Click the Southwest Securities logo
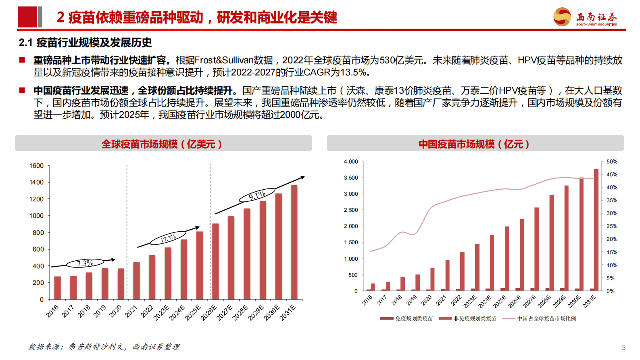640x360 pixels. (585, 17)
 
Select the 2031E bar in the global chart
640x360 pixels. (294, 242)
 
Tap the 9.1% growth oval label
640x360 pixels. (257, 195)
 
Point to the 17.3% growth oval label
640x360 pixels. (168, 238)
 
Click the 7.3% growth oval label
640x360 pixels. (85, 264)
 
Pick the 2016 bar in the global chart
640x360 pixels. (57, 288)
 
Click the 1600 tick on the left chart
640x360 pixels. (36, 166)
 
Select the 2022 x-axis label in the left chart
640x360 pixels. (147, 311)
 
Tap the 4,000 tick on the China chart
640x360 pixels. (350, 161)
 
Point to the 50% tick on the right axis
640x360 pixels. (611, 161)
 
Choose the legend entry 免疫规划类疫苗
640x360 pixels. (407, 318)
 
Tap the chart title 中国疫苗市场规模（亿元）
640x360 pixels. (474, 144)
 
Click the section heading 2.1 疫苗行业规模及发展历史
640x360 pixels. (85, 42)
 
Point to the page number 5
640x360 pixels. (623, 347)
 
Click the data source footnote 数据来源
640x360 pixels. (104, 347)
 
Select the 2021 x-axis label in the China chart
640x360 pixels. (441, 300)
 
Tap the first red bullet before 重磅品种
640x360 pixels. (22, 60)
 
